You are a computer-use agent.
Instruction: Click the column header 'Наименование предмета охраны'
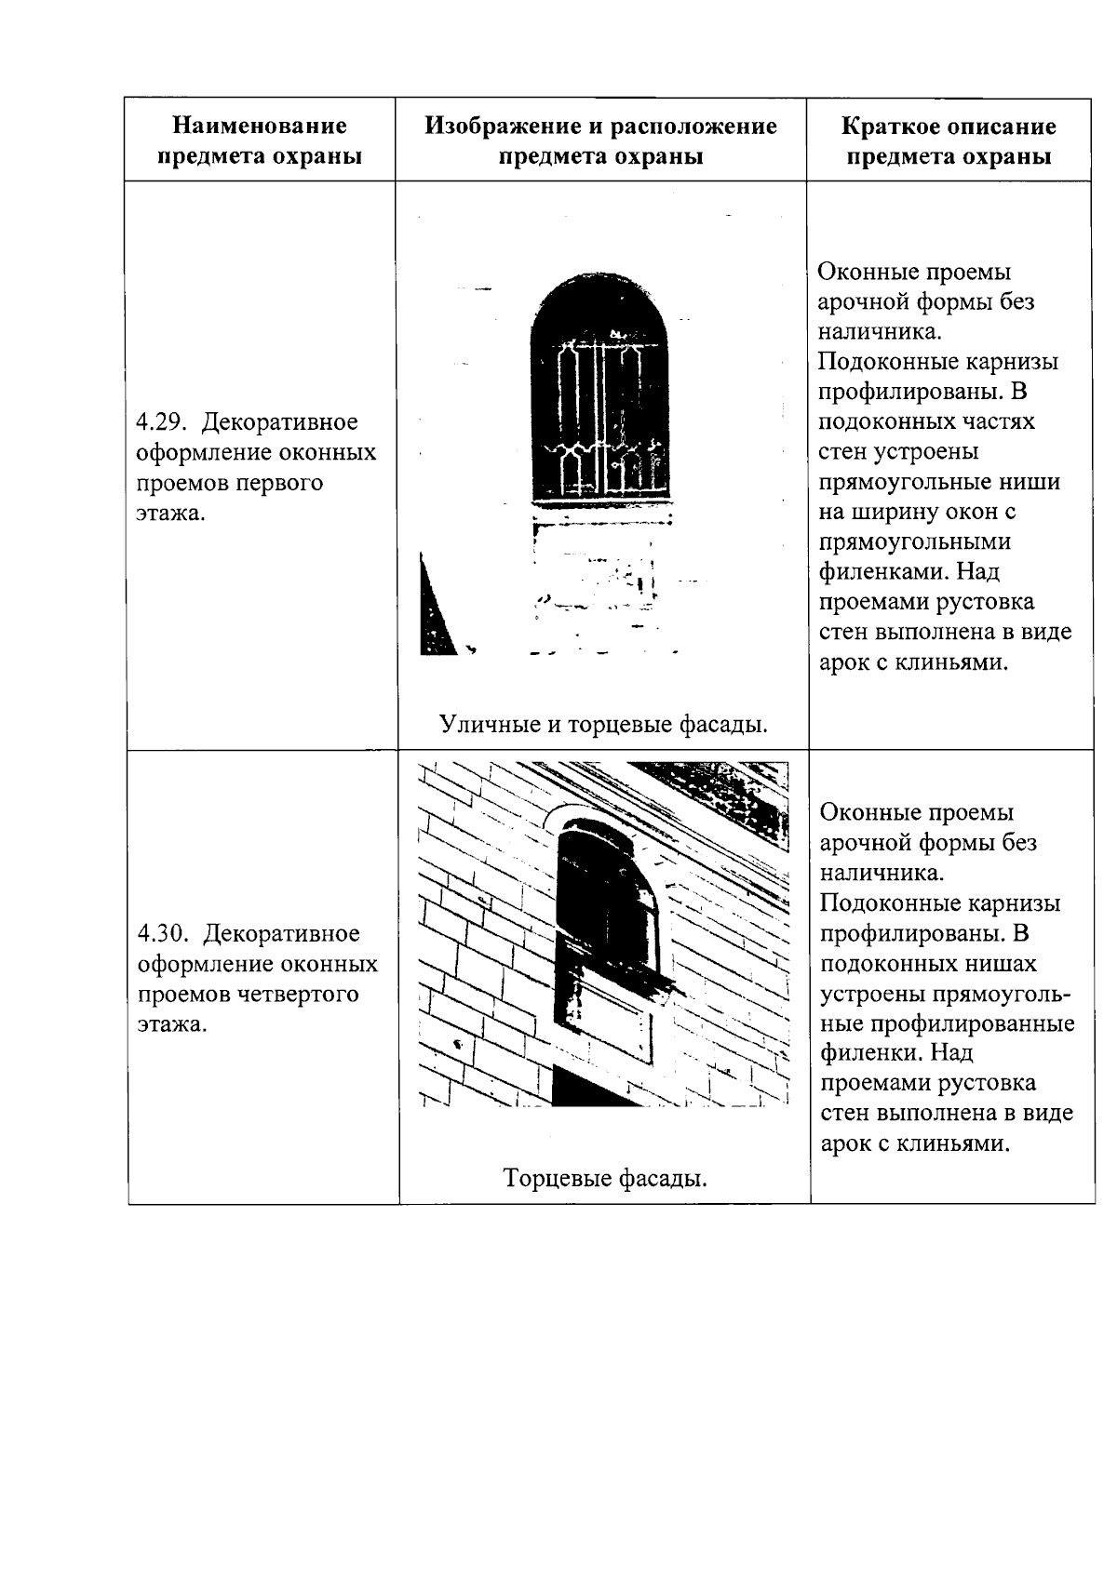[260, 140]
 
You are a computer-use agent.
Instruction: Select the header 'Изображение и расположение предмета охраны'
[600, 140]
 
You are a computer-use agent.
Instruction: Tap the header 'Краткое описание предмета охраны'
[949, 140]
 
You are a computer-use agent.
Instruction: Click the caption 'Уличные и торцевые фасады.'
[603, 724]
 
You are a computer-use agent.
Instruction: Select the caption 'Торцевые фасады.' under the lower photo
[605, 1179]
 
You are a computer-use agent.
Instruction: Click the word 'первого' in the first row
[278, 483]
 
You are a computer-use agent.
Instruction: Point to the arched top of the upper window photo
[599, 302]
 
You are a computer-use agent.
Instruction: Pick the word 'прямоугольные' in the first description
[939, 482]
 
